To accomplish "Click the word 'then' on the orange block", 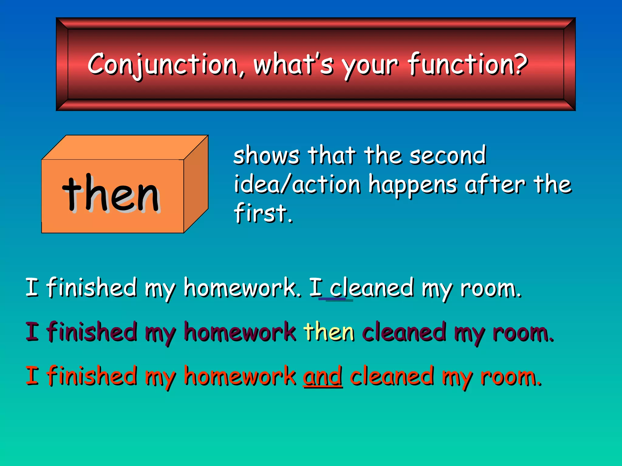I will pos(111,194).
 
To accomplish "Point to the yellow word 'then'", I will pos(329,332).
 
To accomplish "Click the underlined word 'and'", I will pos(323,376).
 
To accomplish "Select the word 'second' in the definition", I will pos(448,155).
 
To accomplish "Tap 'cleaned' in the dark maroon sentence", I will pos(404,333).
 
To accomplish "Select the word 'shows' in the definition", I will pos(266,155).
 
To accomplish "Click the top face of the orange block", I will pos(125,147).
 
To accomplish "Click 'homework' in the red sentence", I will pos(240,376).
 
